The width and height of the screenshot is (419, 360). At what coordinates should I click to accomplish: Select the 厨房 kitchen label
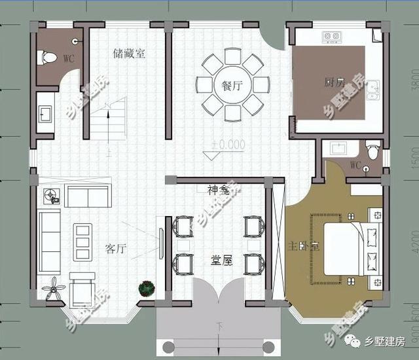(x=334, y=82)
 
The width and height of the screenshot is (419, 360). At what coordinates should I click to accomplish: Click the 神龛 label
(x=218, y=190)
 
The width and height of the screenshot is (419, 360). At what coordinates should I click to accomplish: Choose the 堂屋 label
(x=221, y=260)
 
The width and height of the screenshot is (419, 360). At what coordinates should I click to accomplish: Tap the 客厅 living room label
(x=115, y=249)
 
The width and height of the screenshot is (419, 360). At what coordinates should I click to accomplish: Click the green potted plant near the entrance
(x=146, y=288)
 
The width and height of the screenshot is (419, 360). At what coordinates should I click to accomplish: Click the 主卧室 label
(x=303, y=247)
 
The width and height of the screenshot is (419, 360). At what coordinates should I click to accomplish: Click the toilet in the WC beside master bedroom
(x=373, y=151)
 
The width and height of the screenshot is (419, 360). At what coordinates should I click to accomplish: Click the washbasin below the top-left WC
(x=45, y=114)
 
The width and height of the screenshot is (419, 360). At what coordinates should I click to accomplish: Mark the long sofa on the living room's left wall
(x=49, y=242)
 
